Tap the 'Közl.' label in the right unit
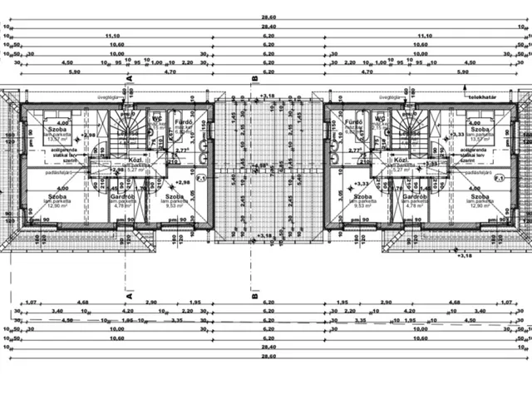click(400, 159)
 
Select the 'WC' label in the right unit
click(379, 119)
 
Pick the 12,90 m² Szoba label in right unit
click(480, 197)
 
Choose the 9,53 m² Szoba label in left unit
click(173, 197)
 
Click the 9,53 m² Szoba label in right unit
click(360, 197)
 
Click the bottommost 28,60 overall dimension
click(268, 357)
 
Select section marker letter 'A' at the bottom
click(129, 294)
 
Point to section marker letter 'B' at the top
click(254, 78)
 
